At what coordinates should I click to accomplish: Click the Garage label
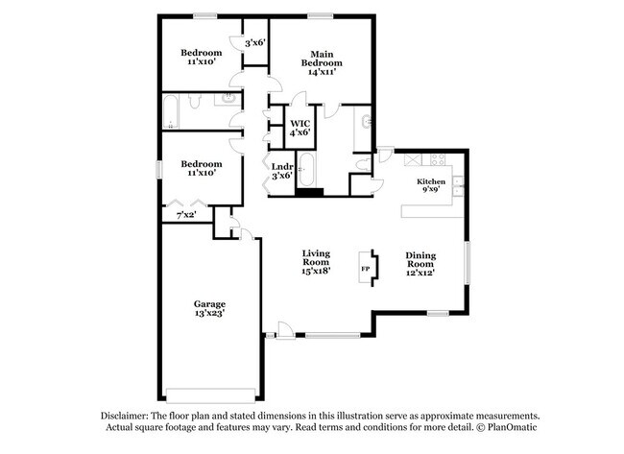[209, 304]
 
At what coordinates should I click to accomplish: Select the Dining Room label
[420, 256]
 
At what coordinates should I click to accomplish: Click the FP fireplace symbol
[366, 268]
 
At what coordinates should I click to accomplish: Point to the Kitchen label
[430, 181]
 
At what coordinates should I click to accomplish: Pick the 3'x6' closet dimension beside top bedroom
[254, 43]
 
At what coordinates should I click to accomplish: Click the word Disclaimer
[129, 414]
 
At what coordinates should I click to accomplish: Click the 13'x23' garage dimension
[209, 315]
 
